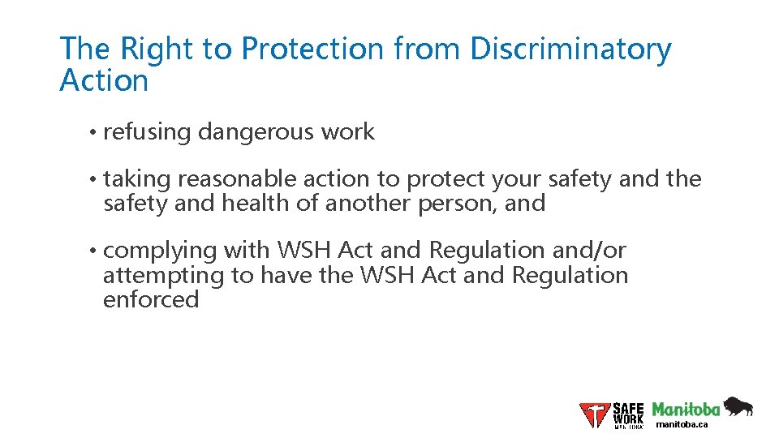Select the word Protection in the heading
click(312, 49)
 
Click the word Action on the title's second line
click(104, 81)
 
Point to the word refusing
click(147, 132)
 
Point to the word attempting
click(163, 276)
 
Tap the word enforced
click(151, 300)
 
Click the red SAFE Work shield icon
click(595, 414)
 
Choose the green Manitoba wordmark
click(686, 409)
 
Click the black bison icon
click(738, 406)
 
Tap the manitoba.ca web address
click(682, 424)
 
